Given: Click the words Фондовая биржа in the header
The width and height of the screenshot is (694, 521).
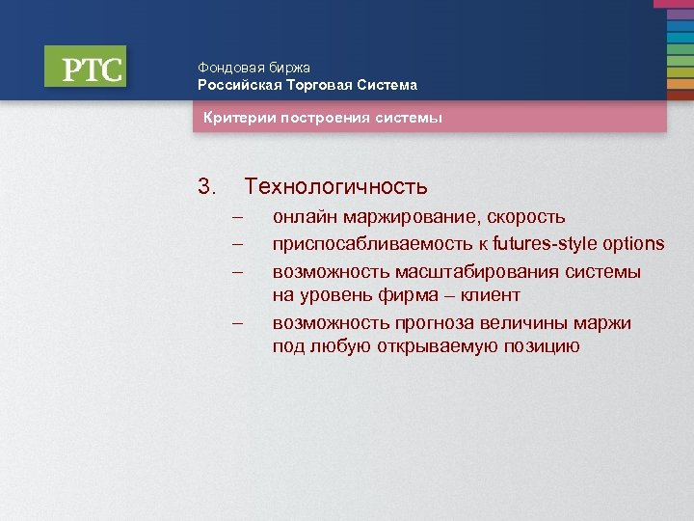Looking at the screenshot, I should click(x=254, y=68).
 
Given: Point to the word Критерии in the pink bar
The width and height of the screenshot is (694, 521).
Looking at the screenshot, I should click(x=237, y=119).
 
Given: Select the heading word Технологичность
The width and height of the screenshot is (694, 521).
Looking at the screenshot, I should click(x=335, y=186).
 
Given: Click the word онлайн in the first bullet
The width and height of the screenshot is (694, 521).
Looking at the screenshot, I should click(x=301, y=217).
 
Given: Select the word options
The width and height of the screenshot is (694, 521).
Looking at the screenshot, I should click(x=633, y=243).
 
